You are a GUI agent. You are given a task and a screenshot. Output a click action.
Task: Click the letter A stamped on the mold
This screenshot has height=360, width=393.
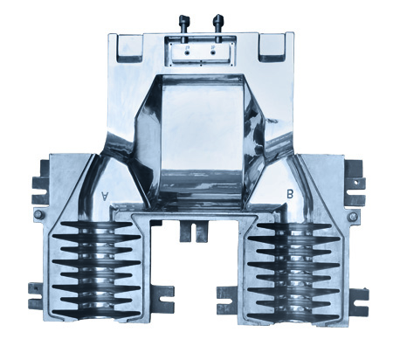[104, 196]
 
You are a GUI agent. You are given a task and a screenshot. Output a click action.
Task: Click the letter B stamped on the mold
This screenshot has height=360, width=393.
[290, 194]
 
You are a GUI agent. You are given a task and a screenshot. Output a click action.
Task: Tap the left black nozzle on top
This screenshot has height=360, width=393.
[184, 24]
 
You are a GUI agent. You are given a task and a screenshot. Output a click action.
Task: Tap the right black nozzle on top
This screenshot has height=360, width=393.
[217, 24]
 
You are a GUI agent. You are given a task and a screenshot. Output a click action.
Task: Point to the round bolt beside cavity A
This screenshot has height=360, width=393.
[38, 215]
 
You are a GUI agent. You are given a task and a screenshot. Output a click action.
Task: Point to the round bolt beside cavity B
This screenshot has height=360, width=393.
[353, 217]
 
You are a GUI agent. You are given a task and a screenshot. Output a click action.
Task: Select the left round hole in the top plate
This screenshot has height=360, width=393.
[187, 52]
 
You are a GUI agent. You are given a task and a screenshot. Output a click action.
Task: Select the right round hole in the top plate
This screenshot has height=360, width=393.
[213, 52]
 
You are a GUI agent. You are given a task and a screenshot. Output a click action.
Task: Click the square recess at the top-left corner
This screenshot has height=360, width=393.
[130, 47]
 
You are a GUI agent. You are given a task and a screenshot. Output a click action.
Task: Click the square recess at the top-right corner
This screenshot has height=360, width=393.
[272, 47]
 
